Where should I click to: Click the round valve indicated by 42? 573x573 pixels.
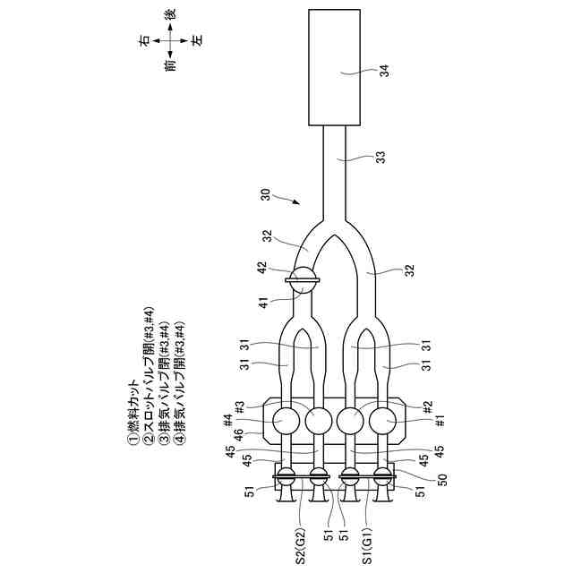click(x=303, y=280)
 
